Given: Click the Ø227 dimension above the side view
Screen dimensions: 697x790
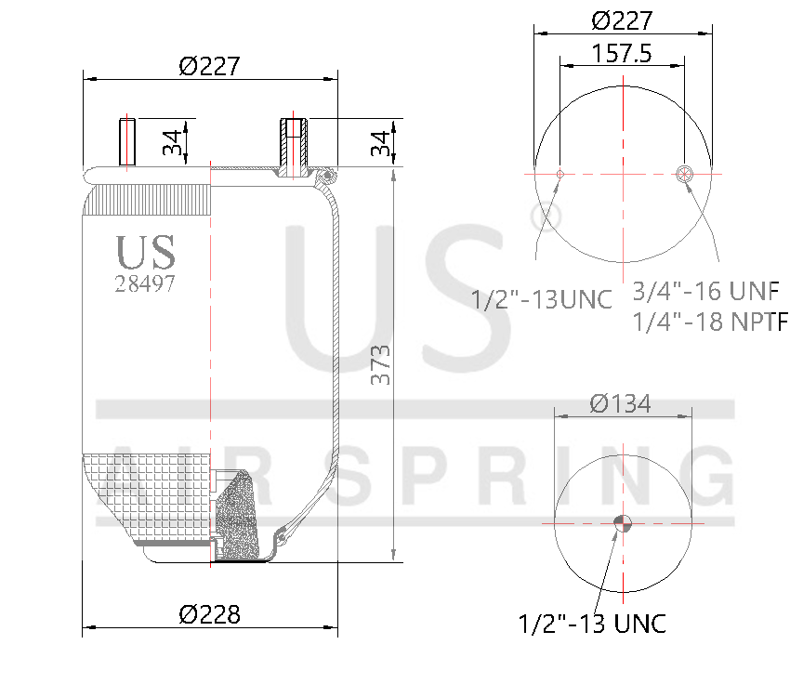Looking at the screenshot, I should click(210, 66).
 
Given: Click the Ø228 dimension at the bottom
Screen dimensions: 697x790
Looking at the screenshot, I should click(210, 614).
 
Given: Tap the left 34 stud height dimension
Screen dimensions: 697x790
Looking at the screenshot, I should click(172, 142).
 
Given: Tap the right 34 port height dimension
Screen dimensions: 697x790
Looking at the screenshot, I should click(379, 142).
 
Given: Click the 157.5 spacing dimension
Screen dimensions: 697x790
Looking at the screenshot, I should click(621, 54).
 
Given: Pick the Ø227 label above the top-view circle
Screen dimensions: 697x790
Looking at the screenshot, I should click(621, 20).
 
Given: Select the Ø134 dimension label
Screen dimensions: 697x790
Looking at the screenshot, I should click(621, 403).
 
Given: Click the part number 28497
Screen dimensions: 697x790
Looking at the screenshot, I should click(145, 284).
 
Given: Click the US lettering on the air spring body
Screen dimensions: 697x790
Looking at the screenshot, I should click(145, 252).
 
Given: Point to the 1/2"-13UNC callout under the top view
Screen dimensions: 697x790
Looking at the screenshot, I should click(542, 300).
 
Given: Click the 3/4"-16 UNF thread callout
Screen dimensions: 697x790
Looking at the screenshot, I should click(704, 291).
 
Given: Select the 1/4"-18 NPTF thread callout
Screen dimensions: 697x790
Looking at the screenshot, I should click(708, 322).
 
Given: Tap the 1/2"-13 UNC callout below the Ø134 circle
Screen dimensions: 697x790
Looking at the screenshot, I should click(592, 624).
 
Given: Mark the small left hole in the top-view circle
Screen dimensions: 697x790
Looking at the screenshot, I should click(560, 174).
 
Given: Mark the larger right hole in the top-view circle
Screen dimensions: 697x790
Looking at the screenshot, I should click(684, 173).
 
